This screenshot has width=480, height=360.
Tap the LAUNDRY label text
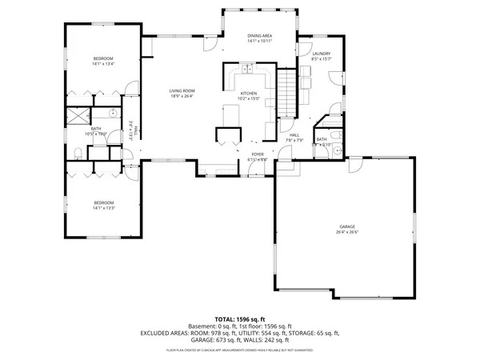[321, 54]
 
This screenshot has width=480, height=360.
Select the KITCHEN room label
[250, 94]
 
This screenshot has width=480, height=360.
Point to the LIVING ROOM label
[182, 90]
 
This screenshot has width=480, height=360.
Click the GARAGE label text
[347, 226]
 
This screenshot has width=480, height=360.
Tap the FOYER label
[258, 154]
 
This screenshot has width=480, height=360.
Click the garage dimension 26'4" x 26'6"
[347, 233]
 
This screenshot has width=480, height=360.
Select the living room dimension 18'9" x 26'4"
[182, 96]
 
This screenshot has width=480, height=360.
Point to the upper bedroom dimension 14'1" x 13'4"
[103, 64]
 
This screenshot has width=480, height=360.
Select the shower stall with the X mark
[77, 115]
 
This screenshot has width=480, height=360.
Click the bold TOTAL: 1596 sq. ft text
[239, 318]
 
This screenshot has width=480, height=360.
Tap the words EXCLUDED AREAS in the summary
[166, 332]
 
